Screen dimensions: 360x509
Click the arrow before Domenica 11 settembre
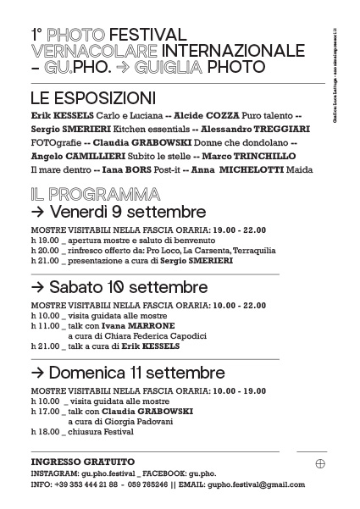[x=37, y=373]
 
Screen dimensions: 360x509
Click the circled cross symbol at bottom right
[x=320, y=463]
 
